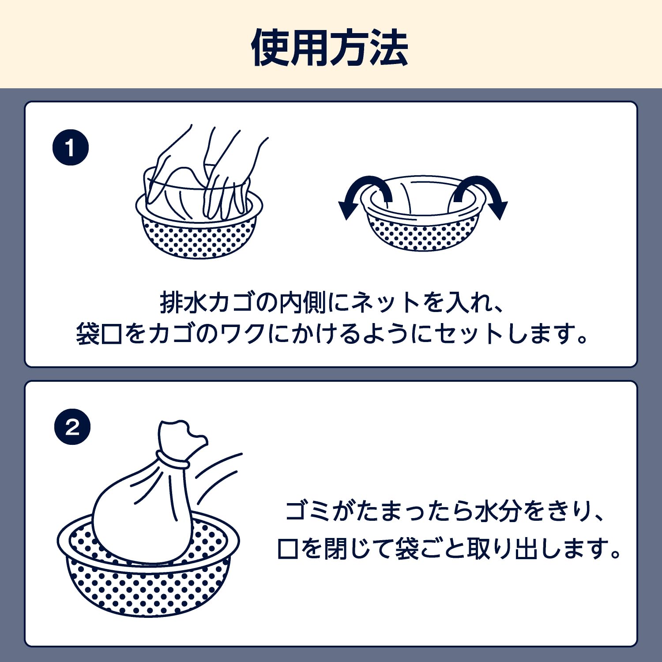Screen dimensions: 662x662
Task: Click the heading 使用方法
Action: click(x=330, y=48)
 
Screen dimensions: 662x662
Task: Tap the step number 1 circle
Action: click(x=71, y=147)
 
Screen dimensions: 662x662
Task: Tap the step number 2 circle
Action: click(x=72, y=426)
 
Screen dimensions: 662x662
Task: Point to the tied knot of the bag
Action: click(x=172, y=459)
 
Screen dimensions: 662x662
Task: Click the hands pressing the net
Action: click(x=207, y=177)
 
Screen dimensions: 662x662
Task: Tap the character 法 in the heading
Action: click(x=389, y=48)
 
